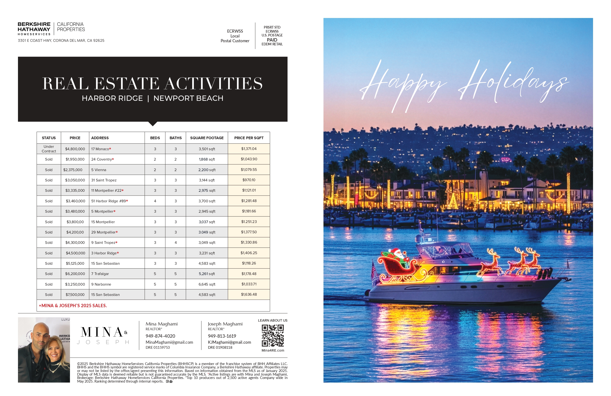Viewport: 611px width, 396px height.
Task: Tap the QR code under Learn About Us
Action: click(x=273, y=336)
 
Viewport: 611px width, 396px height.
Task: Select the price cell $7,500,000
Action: click(x=75, y=295)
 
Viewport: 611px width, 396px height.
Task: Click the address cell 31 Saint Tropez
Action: click(x=104, y=180)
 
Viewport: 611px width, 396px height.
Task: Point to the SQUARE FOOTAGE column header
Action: click(x=207, y=138)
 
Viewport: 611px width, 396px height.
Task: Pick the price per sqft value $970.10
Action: click(x=249, y=180)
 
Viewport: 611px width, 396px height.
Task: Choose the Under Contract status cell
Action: click(x=49, y=149)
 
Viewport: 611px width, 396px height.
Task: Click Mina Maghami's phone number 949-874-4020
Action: click(x=160, y=336)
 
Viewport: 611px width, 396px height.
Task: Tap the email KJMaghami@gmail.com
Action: click(x=229, y=342)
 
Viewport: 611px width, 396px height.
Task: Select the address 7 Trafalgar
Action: click(x=100, y=274)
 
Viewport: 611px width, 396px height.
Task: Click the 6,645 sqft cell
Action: click(x=207, y=284)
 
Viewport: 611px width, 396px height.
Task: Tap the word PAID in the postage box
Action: click(x=272, y=40)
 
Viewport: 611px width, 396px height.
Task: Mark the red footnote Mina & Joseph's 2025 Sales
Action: click(x=73, y=306)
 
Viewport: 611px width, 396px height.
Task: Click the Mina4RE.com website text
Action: click(x=273, y=350)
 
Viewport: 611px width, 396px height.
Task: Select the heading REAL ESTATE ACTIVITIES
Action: click(x=152, y=84)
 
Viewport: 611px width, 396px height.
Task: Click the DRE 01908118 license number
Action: click(x=220, y=348)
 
